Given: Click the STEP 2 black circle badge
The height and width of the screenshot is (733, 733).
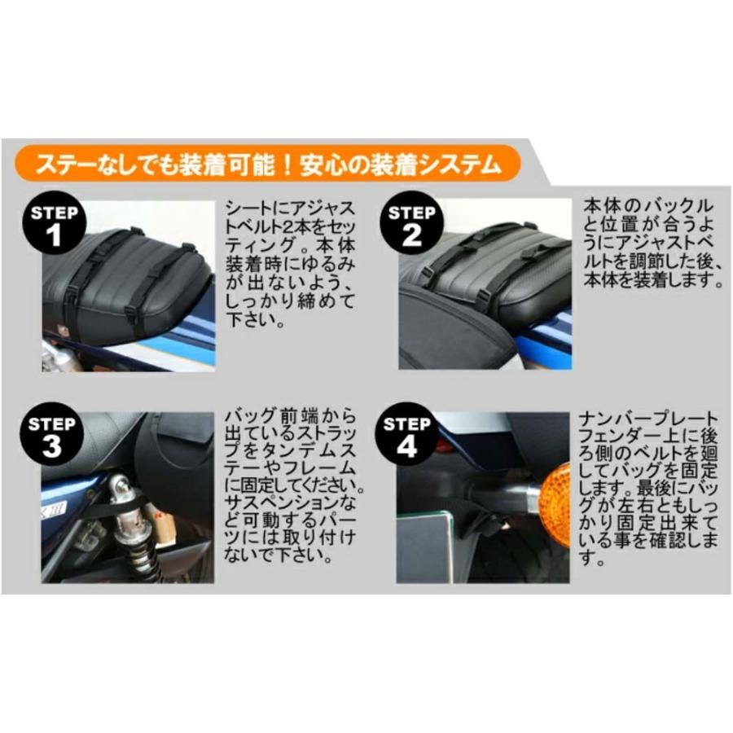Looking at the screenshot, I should (x=413, y=226).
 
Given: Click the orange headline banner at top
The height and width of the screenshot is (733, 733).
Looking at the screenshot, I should (x=270, y=164).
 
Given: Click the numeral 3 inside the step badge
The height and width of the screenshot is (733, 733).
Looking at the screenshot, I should (x=52, y=446).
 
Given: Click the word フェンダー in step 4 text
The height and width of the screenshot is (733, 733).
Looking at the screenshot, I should (x=610, y=437).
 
